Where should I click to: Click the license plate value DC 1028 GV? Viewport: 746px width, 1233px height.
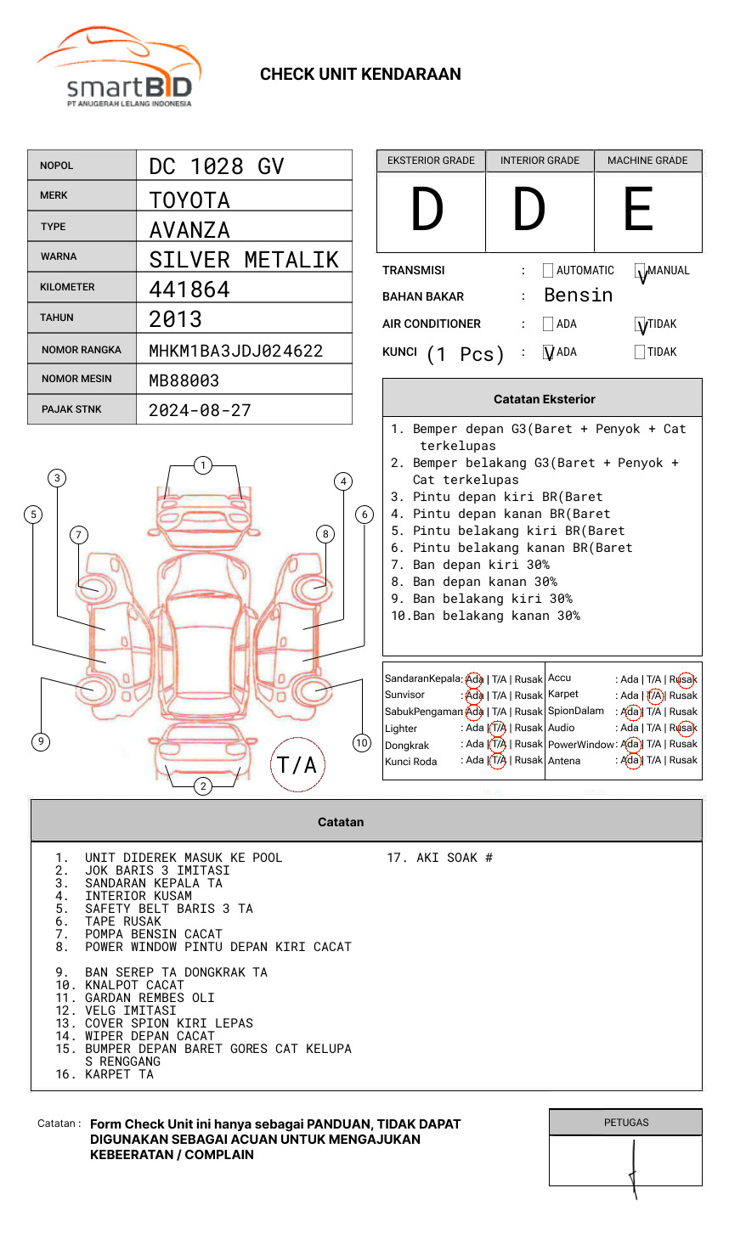click(x=217, y=166)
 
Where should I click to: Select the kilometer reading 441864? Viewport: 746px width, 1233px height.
click(x=189, y=290)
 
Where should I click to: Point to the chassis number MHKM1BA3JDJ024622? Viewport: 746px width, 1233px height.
click(x=236, y=351)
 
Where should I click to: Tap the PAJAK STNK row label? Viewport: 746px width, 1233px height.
click(x=71, y=409)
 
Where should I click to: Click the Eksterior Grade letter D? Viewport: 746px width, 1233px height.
click(x=427, y=211)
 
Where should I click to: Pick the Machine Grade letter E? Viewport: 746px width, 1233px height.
click(x=639, y=211)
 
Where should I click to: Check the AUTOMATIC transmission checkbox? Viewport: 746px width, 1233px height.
click(x=548, y=271)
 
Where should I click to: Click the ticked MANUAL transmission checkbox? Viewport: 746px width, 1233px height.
click(x=641, y=272)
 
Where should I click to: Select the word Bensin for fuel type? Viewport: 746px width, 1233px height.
click(x=578, y=296)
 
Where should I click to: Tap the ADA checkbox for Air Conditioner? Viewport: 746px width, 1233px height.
click(x=548, y=324)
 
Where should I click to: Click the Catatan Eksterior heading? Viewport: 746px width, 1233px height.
click(x=544, y=399)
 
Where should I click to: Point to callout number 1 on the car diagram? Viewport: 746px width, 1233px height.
click(x=202, y=465)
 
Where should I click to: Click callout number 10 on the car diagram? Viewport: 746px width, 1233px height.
click(x=362, y=743)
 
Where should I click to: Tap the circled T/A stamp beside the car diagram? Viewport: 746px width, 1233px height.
click(x=297, y=765)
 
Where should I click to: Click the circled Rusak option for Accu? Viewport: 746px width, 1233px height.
click(x=684, y=679)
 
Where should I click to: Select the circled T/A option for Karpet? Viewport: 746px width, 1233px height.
click(x=654, y=695)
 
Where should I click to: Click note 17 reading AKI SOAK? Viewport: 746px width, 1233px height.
click(x=440, y=858)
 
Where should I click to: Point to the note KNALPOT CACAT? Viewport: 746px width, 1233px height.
click(x=134, y=985)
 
